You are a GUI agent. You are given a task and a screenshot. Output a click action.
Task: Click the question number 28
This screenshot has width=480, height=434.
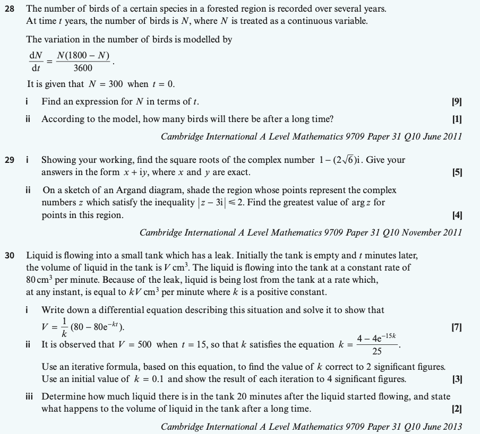pos(10,9)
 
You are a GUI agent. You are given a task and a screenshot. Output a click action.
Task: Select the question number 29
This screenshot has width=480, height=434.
pos(10,159)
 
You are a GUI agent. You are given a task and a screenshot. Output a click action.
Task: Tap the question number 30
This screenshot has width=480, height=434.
pos(10,255)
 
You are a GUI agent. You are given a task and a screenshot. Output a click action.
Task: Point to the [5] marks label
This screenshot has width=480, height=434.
pos(456,172)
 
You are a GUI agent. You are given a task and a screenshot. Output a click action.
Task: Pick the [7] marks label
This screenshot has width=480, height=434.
pos(456,327)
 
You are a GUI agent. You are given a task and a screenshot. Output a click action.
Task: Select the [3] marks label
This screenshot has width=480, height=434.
pos(456,379)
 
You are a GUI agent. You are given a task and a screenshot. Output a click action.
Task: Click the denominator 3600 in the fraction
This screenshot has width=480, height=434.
pos(83,68)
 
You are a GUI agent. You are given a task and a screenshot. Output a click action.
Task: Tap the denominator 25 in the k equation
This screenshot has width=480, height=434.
pos(377,351)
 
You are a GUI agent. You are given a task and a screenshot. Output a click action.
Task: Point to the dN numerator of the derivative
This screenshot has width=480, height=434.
pos(36,55)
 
